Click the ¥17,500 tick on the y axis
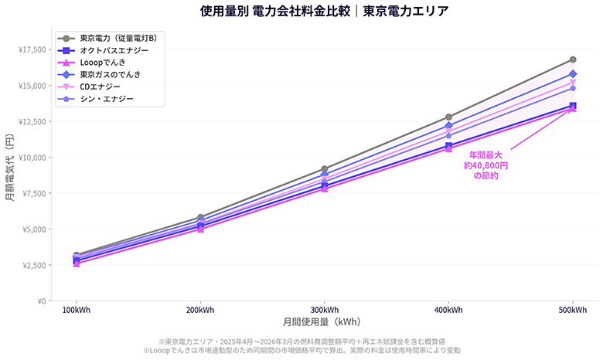30,50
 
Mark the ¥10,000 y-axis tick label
30,158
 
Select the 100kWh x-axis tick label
76,311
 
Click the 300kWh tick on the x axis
324,311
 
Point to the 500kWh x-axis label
572,311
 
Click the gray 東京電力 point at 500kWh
573,59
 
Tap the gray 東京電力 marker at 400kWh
448,117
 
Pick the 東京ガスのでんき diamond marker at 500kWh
573,74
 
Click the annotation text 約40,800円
485,165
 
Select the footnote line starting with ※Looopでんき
301,351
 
